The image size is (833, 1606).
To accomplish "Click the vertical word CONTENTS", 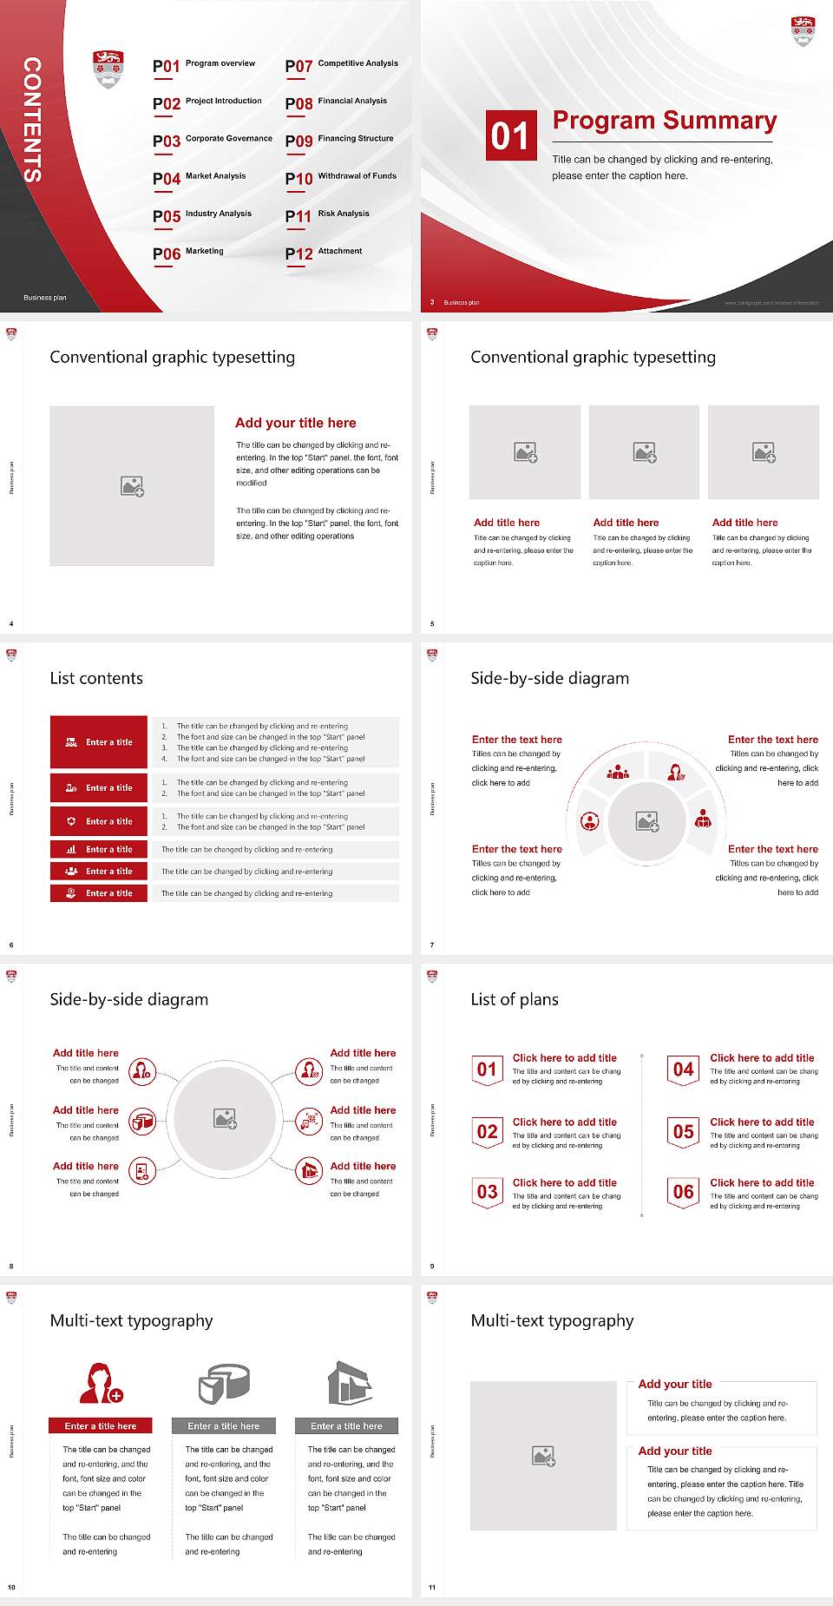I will pyautogui.click(x=32, y=120).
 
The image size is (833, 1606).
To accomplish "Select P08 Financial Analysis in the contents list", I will pyautogui.click(x=336, y=102).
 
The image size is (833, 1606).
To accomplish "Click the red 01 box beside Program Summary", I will pyautogui.click(x=509, y=135).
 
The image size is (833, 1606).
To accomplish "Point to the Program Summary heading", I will pyautogui.click(x=664, y=121).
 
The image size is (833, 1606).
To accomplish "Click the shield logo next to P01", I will pyautogui.click(x=108, y=69).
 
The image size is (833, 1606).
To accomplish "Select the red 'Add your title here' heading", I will pyautogui.click(x=295, y=423).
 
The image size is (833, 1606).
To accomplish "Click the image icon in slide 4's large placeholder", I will pyautogui.click(x=132, y=486).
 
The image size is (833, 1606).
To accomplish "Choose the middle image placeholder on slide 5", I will pyautogui.click(x=644, y=452).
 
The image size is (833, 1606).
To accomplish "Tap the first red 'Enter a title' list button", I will pyautogui.click(x=99, y=742).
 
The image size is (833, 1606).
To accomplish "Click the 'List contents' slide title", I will pyautogui.click(x=96, y=678).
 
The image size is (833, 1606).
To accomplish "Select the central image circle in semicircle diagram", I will pyautogui.click(x=646, y=821).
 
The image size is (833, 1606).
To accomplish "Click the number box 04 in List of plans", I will pyautogui.click(x=684, y=1070).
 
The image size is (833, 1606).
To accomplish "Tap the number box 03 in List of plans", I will pyautogui.click(x=488, y=1192).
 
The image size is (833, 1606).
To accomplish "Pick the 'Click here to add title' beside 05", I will pyautogui.click(x=762, y=1122).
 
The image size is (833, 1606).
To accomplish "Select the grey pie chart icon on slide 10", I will pyautogui.click(x=224, y=1383).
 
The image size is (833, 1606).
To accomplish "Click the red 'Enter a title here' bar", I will pyautogui.click(x=100, y=1425).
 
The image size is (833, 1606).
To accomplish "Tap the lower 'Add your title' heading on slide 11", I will pyautogui.click(x=675, y=1451).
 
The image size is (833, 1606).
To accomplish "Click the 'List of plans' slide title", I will pyautogui.click(x=515, y=999).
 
